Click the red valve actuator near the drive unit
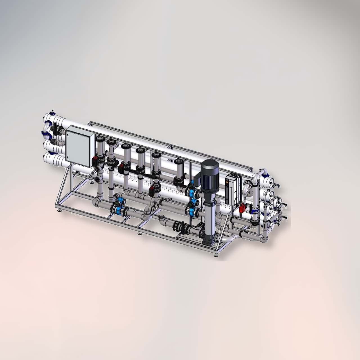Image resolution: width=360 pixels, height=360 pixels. [x=242, y=208]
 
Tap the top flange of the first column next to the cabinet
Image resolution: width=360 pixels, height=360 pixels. [x=100, y=139]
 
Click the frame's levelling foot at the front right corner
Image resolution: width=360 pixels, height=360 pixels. [x=216, y=255]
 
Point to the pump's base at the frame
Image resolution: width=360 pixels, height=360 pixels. [x=208, y=239]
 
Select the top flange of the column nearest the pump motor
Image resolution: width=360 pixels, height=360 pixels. [x=178, y=161]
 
